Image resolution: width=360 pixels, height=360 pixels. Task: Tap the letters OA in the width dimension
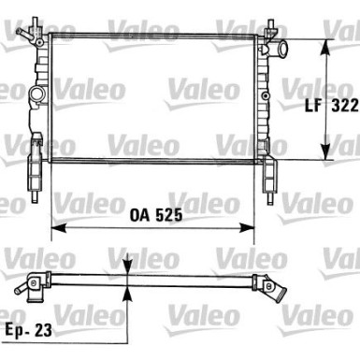click(x=137, y=214)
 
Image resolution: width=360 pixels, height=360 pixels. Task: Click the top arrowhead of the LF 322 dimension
click(x=324, y=45)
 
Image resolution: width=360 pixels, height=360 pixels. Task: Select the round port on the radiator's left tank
click(x=38, y=94)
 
